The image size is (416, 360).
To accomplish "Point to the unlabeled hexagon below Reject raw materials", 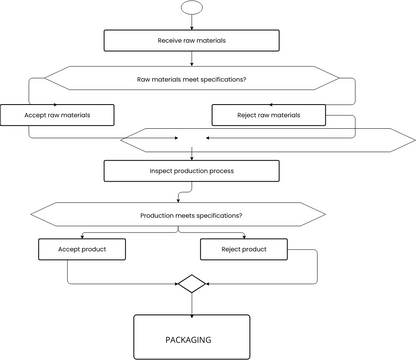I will pos(268,139).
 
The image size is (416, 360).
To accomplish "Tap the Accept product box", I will pos(83,247).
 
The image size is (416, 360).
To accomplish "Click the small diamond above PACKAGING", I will pos(191,283).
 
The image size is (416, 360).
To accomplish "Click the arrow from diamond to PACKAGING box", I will pos(191,303).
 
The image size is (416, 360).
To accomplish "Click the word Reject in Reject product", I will pos(230,247).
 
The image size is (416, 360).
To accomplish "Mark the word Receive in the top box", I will pos(170,41).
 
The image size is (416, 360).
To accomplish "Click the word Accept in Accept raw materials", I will pos(36,115).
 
